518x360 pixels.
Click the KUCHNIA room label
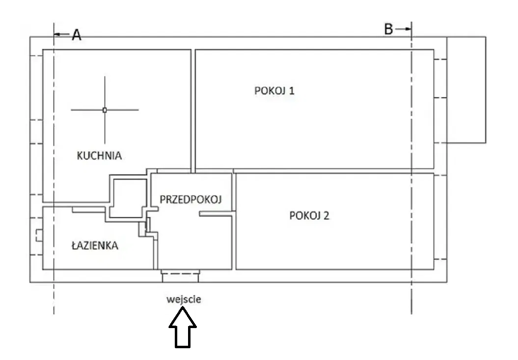coord(99,156)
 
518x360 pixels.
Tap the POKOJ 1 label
coord(274,91)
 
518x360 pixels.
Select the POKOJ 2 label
coord(309,216)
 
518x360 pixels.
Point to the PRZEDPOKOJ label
coord(191,199)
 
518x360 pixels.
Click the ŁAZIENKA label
coord(95,246)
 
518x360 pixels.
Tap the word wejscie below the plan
coord(184,299)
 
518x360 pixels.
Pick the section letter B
coord(388,30)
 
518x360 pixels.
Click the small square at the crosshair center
coord(105,110)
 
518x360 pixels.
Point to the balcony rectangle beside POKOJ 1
coord(466,90)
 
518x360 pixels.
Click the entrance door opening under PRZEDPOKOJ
coord(181,276)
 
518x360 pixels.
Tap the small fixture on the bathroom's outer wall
coord(39,236)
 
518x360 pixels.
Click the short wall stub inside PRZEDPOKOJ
coord(215,213)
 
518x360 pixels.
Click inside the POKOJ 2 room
coord(334,241)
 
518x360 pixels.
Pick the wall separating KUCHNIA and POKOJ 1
coord(193,108)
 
